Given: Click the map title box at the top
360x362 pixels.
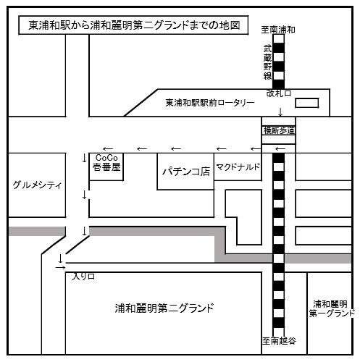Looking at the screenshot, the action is tap(133, 25).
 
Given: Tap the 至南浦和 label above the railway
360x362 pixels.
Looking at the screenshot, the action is tap(278, 30).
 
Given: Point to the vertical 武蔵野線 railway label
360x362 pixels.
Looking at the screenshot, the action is tap(267, 62).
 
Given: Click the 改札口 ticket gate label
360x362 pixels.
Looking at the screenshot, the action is tap(279, 93).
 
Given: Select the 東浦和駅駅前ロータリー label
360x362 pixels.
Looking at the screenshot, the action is tap(210, 103).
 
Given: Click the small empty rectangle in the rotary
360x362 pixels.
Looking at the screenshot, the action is tap(307, 103).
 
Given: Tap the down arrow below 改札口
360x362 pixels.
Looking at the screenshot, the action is tap(280, 112).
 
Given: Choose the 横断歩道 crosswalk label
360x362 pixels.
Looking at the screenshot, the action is tap(279, 130).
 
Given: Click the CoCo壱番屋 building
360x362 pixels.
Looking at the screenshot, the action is tap(106, 167).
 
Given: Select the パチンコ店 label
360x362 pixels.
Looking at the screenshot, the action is tap(186, 172).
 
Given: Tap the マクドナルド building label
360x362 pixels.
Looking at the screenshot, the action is tap(238, 167).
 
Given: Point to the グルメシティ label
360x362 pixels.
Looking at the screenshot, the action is tap(37, 185).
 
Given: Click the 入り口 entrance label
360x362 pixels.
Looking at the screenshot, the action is tap(83, 277).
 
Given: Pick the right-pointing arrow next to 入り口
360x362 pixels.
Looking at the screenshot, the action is tap(60, 267).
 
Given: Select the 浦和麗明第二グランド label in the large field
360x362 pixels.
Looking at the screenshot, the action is tap(164, 308).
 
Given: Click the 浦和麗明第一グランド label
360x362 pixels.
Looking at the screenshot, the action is tap(332, 308).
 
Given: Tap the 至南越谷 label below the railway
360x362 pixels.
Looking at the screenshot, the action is tap(279, 341).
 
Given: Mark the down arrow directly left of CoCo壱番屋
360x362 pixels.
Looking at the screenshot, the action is tap(84, 158).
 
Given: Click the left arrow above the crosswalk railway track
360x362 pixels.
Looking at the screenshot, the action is tap(280, 149).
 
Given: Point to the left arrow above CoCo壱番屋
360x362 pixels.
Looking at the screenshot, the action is tap(108, 149).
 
